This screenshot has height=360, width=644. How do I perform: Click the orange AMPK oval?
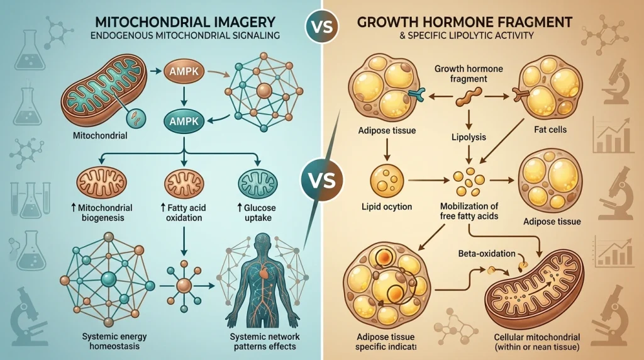184,72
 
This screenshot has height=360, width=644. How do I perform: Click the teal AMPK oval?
184,121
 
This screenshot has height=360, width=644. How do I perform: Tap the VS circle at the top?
322,26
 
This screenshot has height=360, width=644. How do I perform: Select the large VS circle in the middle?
321,180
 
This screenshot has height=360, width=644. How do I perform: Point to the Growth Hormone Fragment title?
465,22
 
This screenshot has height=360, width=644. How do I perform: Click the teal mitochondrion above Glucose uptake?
258,184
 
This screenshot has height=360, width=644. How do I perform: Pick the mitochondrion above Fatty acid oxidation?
184,184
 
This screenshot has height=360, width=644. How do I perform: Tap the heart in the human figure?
264,272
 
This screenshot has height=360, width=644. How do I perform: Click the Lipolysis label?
469,137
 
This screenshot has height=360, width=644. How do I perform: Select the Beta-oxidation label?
487,254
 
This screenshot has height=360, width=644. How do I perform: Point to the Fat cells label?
550,130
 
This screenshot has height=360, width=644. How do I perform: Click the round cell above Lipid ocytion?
387,181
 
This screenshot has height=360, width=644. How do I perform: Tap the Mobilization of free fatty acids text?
469,211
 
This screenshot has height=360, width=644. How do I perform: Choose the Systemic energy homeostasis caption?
114,341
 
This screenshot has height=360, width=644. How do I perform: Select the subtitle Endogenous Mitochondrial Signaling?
185,35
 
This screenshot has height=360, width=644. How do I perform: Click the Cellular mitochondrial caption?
537,342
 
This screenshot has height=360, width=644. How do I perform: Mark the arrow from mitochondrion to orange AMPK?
155,72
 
